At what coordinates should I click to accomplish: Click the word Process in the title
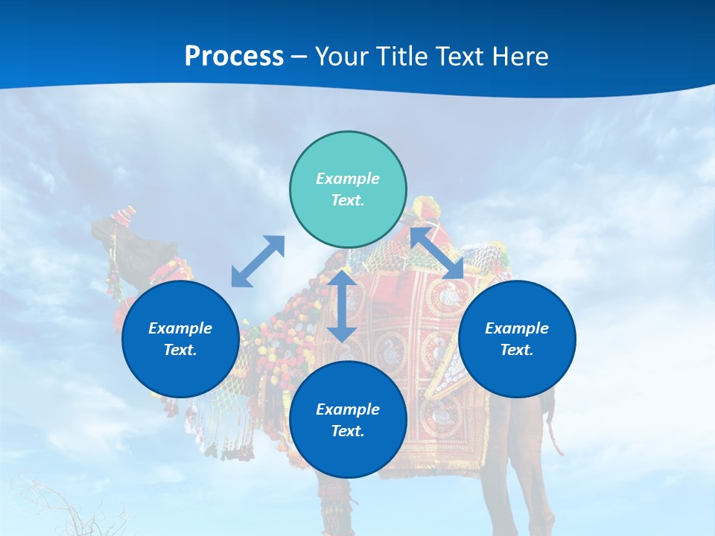click(x=234, y=57)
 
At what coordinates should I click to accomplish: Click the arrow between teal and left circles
click(x=258, y=261)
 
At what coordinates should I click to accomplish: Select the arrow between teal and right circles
click(x=437, y=253)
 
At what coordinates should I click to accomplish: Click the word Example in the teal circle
click(x=348, y=179)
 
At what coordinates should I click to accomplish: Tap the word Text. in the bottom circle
click(x=348, y=431)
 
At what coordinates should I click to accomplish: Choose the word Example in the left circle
click(x=180, y=328)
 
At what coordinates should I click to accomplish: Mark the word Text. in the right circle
click(x=517, y=350)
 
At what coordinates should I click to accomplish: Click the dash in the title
click(x=299, y=57)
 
